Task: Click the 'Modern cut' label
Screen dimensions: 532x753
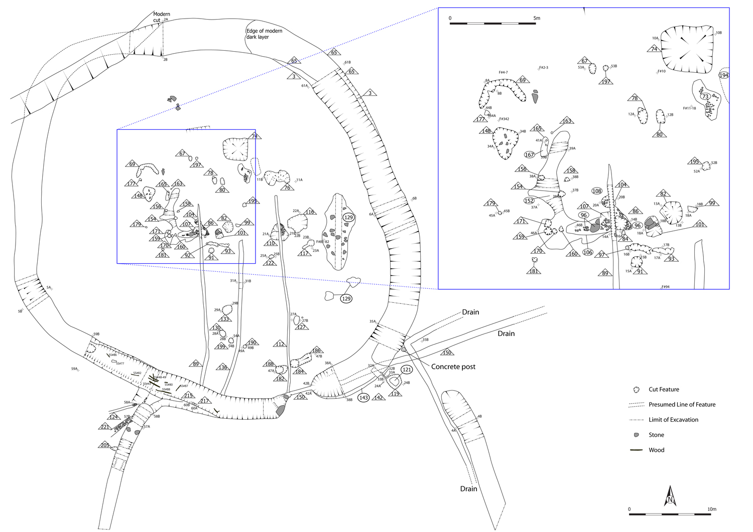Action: tap(161, 17)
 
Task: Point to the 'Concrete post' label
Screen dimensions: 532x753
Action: tap(453, 367)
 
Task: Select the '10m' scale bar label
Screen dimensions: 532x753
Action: tap(711, 509)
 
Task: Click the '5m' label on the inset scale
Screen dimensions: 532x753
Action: tap(537, 18)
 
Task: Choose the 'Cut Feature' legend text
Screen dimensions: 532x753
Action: tap(664, 389)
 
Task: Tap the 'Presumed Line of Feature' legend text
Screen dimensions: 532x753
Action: tap(682, 404)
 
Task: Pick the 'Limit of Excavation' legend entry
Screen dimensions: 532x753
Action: tap(673, 420)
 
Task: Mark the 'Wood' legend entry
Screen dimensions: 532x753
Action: tap(656, 450)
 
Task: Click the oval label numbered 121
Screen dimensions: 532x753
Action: tap(407, 370)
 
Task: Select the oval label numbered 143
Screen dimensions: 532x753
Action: tap(363, 398)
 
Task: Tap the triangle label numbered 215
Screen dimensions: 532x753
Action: tap(188, 396)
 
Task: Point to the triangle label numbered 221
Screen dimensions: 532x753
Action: tap(105, 427)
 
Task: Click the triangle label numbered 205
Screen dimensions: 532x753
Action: tap(105, 445)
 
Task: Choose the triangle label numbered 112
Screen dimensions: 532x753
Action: tap(280, 344)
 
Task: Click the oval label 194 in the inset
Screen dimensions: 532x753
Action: tap(723, 75)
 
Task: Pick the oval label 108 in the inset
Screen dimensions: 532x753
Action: tap(596, 191)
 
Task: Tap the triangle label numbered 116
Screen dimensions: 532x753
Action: tap(310, 212)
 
